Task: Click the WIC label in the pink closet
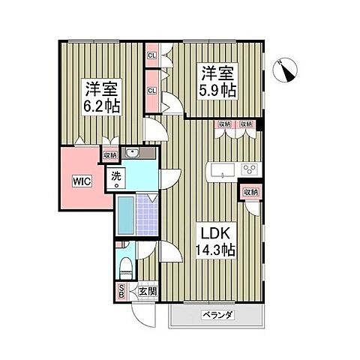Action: tap(83, 181)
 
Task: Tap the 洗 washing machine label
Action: tap(116, 177)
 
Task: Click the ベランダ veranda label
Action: tap(217, 315)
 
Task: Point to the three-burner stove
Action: tap(249, 169)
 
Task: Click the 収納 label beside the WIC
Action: tap(110, 155)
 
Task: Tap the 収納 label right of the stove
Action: tap(249, 192)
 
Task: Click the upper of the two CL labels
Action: tap(151, 55)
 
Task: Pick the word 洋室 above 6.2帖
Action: tap(101, 86)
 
